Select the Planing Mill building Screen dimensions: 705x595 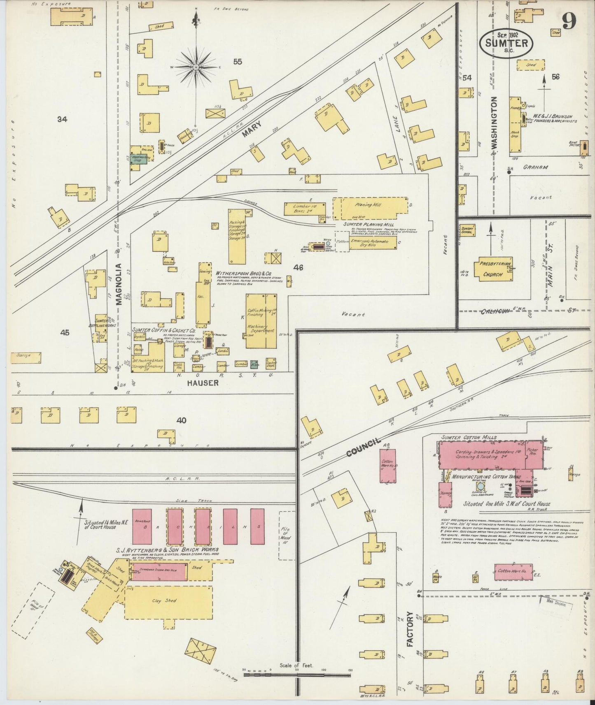369,209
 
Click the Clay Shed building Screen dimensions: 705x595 168,601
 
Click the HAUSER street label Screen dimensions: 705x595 202,383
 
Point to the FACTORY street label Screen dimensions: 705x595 410,635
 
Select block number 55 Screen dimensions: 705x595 238,62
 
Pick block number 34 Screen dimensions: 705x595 62,120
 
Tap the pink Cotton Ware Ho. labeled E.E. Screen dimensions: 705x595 513,572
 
